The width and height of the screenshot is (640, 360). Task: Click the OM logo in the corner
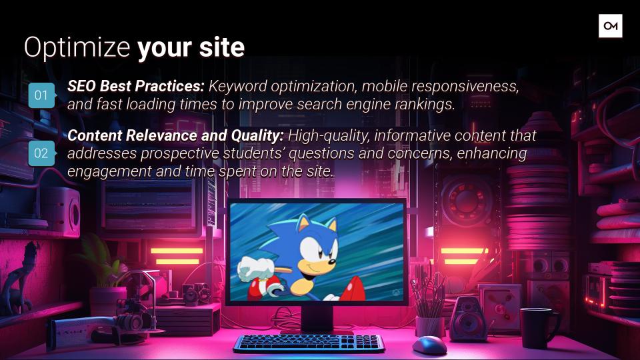tap(610, 26)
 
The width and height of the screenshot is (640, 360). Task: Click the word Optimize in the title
tap(77, 48)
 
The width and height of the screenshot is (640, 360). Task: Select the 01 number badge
tap(41, 95)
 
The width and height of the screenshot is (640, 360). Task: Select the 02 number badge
tap(41, 153)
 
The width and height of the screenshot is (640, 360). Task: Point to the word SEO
tap(81, 86)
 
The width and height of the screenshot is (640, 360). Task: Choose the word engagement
tap(109, 172)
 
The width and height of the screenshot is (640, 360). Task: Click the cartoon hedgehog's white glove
tap(257, 268)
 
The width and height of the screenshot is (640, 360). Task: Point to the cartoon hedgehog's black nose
tap(333, 261)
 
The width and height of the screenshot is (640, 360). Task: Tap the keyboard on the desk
tap(309, 343)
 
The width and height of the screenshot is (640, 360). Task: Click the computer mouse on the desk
tap(430, 345)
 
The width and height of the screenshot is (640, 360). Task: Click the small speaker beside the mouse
tap(468, 319)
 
